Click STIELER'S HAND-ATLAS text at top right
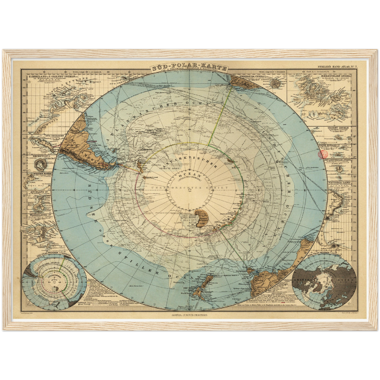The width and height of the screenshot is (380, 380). [339, 68]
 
